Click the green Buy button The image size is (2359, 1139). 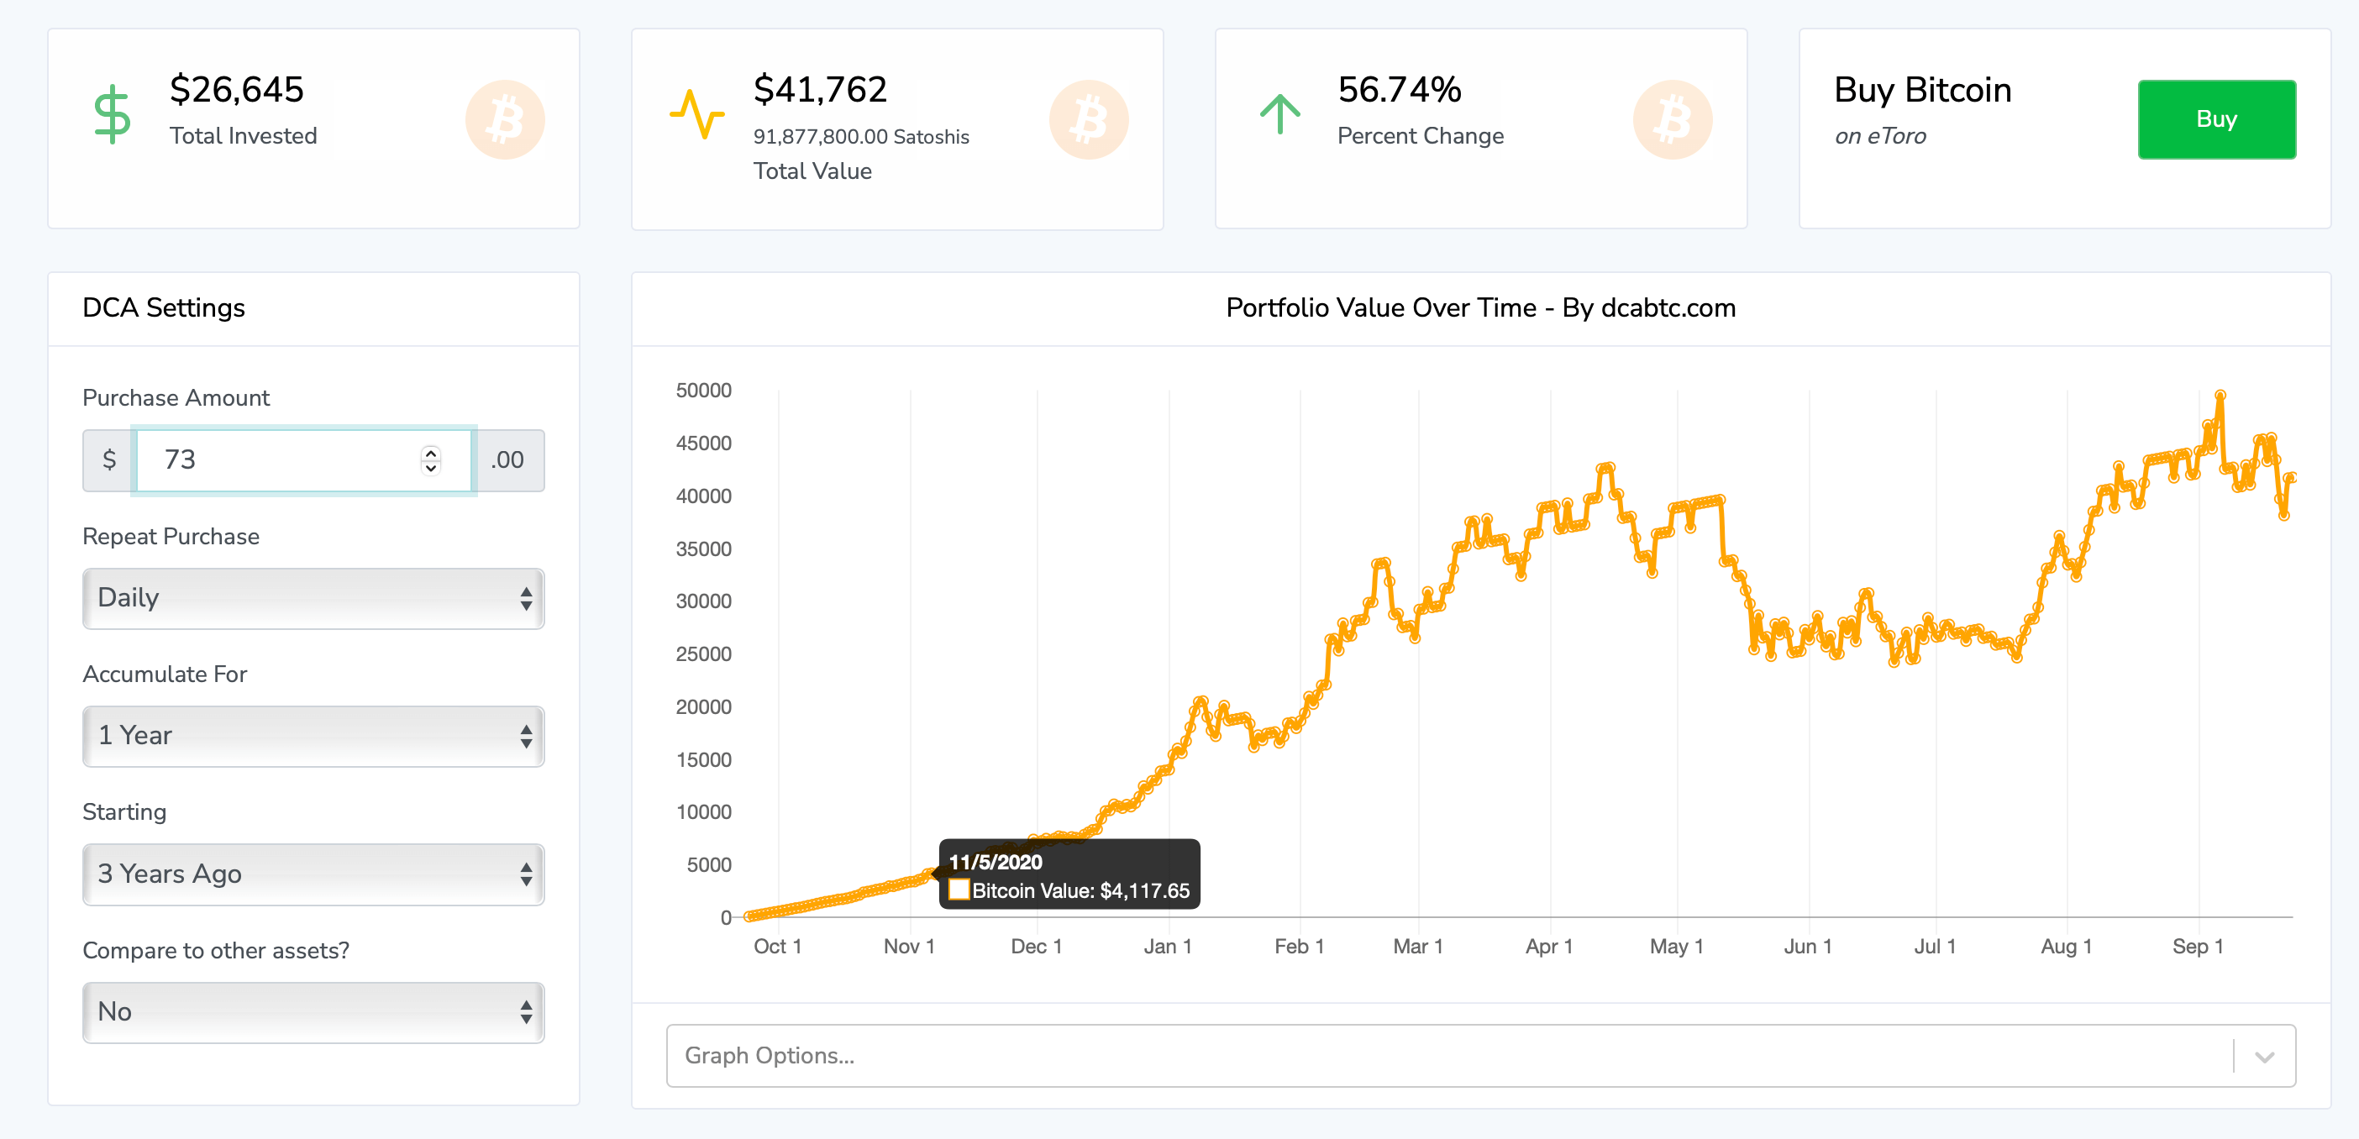[x=2215, y=119]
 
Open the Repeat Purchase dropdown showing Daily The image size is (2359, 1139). [x=313, y=598]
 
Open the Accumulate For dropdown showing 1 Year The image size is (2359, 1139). [x=313, y=735]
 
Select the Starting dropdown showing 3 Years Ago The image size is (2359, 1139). [x=313, y=874]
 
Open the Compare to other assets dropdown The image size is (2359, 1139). [x=313, y=1011]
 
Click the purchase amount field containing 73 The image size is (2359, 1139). [x=284, y=459]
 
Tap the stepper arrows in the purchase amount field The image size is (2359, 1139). [x=430, y=459]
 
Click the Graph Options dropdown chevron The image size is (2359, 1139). [x=2264, y=1057]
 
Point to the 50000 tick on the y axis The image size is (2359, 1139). [x=703, y=391]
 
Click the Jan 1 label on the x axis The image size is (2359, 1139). [x=1168, y=947]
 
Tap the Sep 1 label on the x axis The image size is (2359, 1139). [x=2197, y=947]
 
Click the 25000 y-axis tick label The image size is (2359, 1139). [x=703, y=654]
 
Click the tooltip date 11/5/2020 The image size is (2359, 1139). [x=996, y=863]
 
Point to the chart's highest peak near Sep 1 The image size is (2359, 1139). [x=2220, y=396]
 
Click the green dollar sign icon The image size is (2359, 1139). [x=113, y=115]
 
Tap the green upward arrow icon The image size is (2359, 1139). [x=1279, y=114]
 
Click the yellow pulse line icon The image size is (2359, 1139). [x=697, y=114]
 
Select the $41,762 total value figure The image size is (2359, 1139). [x=820, y=90]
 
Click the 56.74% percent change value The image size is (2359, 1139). [x=1399, y=90]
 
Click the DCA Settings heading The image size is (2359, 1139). [x=164, y=307]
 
